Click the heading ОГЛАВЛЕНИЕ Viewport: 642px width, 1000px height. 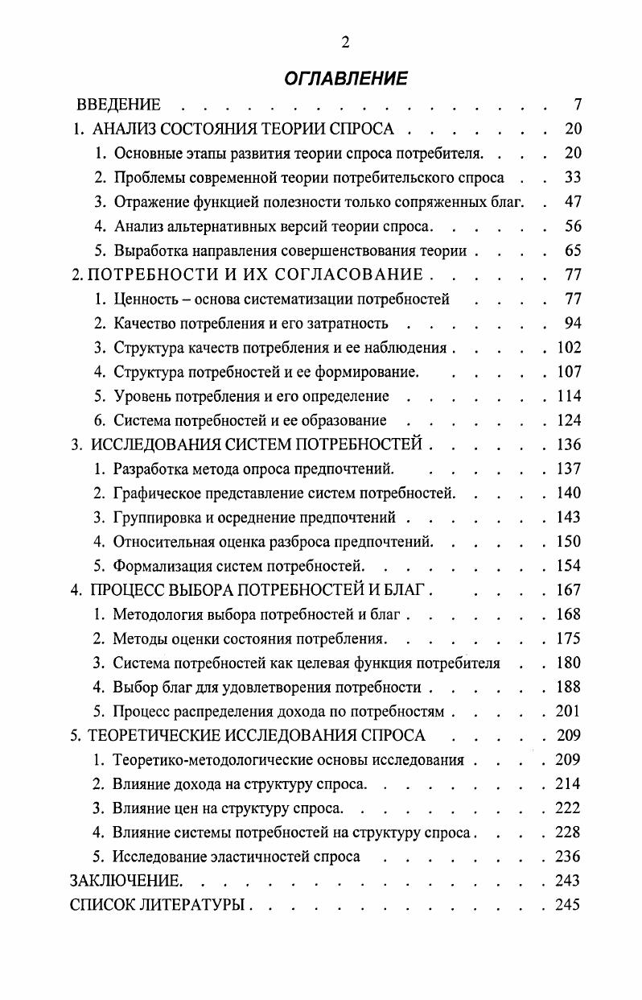[345, 78]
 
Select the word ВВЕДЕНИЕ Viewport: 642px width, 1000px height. [118, 105]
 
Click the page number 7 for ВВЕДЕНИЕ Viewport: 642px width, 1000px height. [577, 105]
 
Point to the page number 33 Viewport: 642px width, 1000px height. [572, 178]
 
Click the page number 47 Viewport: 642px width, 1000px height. [572, 202]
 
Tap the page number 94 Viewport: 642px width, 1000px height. [572, 324]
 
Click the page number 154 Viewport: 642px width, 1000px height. [567, 565]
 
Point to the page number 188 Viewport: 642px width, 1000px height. [567, 688]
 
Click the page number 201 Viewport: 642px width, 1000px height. [567, 712]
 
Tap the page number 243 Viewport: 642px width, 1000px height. [567, 881]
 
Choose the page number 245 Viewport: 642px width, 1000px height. [567, 905]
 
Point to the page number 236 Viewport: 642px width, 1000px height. [567, 857]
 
